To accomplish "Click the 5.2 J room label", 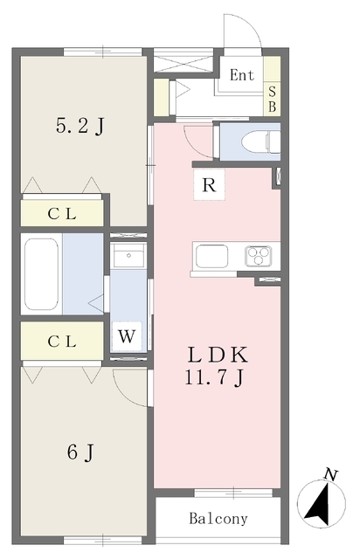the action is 80,126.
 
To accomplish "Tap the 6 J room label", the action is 80,452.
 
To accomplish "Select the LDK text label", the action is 218,355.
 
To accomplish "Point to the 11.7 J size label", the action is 214,376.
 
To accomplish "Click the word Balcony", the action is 218,518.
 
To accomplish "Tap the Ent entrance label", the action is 242,75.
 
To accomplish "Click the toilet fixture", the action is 260,141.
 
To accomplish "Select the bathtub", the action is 41,274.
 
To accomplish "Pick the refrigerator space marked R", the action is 209,185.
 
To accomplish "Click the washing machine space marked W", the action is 127,336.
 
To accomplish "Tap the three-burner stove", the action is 259,256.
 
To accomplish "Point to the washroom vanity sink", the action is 128,256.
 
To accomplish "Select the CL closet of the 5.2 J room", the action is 62,213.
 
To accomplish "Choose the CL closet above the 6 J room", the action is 62,342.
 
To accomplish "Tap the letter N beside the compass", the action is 331,475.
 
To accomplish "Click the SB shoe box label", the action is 273,99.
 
